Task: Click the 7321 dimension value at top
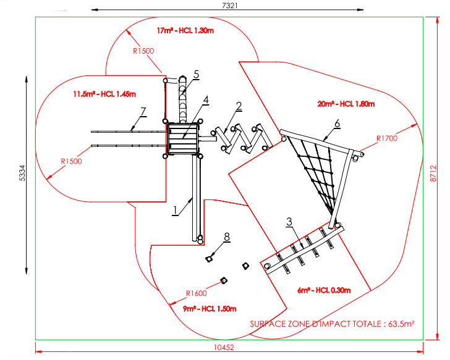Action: (x=229, y=5)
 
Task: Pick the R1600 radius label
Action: (x=198, y=293)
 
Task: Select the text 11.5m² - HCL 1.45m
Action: (x=104, y=94)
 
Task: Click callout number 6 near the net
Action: (x=337, y=123)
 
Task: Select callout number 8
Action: (x=226, y=237)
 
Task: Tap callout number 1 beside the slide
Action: (x=176, y=210)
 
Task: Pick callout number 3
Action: (x=289, y=220)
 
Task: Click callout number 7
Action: (x=143, y=111)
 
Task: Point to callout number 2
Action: (x=237, y=106)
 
